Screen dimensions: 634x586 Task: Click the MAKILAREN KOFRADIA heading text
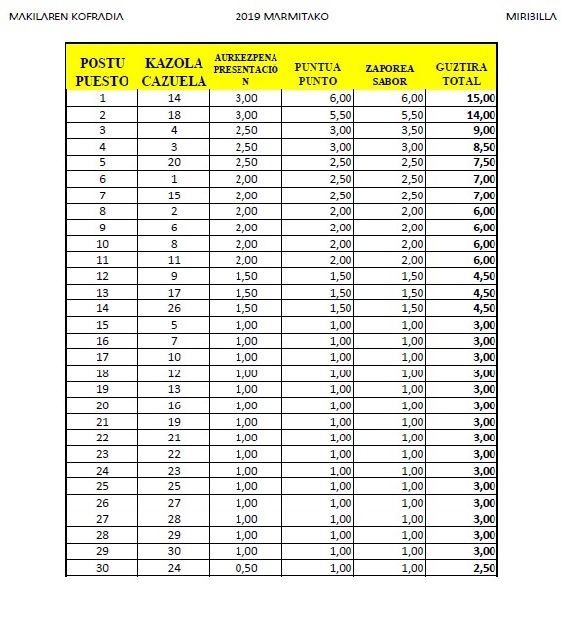coord(65,17)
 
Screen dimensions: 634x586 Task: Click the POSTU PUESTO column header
coord(102,71)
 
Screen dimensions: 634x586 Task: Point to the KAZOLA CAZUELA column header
coord(174,71)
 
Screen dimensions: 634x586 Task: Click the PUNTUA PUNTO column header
coord(317,72)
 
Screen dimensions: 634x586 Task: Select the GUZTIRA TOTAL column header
coord(461,71)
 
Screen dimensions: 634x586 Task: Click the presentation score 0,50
coord(245,568)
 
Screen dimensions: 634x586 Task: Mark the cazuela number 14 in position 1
coord(174,98)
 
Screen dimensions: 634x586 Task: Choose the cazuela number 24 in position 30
coord(174,568)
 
